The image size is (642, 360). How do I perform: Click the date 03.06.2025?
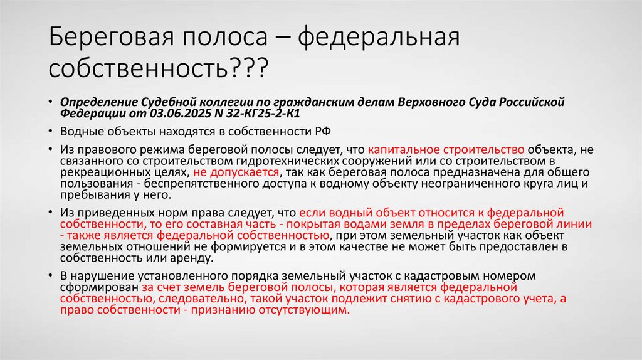[x=174, y=114]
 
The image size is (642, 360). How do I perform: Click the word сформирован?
[x=97, y=287]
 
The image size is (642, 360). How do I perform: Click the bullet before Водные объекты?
[x=50, y=132]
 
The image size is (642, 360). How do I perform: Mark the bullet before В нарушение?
[x=50, y=277]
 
